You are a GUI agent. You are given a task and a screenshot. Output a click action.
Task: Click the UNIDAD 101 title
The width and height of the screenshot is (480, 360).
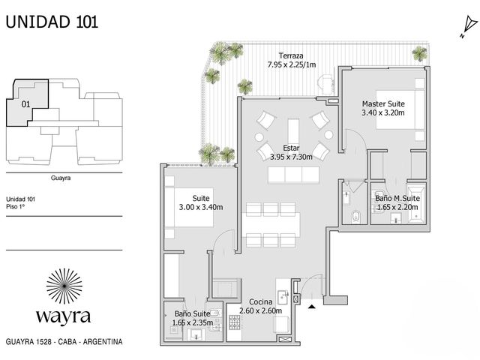click(x=52, y=22)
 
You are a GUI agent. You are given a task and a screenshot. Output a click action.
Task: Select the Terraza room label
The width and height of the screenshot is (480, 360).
click(x=291, y=55)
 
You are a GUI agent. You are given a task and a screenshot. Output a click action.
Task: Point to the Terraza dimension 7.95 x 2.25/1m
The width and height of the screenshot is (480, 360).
click(x=292, y=64)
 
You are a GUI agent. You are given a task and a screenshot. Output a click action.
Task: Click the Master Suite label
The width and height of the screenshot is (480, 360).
click(x=383, y=103)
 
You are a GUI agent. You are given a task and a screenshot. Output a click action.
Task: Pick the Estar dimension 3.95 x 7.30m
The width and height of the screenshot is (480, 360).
click(x=291, y=157)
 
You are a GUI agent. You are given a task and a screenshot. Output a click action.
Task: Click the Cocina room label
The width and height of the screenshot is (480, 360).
click(x=260, y=301)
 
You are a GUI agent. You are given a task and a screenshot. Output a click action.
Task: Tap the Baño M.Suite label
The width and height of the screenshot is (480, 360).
click(x=397, y=198)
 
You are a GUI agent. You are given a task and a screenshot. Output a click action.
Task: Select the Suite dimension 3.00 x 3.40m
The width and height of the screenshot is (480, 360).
click(x=201, y=207)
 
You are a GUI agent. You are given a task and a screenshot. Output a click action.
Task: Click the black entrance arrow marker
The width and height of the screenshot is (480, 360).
click(x=312, y=306)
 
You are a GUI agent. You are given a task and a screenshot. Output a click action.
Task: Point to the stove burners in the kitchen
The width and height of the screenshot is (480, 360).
click(x=235, y=322)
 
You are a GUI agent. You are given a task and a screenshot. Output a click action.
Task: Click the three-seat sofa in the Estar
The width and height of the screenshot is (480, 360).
click(x=293, y=175)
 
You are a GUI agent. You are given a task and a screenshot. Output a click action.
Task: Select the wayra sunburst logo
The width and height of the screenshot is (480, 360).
click(x=64, y=286)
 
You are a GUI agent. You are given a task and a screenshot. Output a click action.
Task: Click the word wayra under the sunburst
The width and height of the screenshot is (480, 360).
click(x=63, y=316)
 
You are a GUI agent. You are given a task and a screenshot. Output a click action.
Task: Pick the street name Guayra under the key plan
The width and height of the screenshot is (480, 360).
click(x=61, y=178)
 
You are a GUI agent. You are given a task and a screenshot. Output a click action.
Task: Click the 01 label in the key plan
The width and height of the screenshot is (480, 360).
click(x=25, y=104)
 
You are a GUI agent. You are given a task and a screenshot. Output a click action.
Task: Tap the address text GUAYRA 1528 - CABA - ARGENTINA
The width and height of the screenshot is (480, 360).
click(x=64, y=342)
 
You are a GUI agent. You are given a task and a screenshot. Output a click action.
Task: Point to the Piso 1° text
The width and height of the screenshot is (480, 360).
click(x=15, y=207)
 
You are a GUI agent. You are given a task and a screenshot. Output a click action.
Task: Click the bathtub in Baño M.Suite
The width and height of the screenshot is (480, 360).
click(x=416, y=203)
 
